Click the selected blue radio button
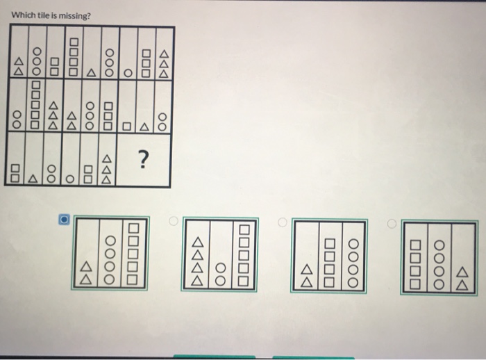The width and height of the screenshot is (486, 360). pyautogui.click(x=63, y=220)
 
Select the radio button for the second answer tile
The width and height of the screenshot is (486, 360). pyautogui.click(x=174, y=222)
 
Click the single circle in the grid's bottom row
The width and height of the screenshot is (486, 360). pyautogui.click(x=70, y=178)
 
